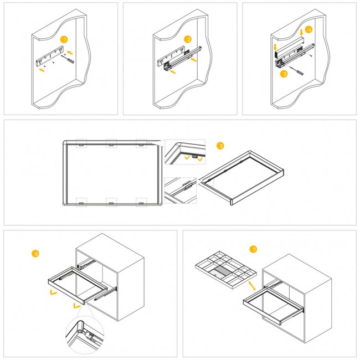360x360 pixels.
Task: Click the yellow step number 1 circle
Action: tap(64, 39)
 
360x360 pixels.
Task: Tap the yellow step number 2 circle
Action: tap(188, 39)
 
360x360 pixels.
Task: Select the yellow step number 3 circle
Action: tap(284, 74)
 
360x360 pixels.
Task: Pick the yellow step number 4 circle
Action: tap(309, 29)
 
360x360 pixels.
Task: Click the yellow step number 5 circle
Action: tap(220, 146)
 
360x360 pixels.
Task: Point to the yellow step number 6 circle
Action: tap(35, 254)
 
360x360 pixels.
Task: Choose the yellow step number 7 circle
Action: tap(253, 249)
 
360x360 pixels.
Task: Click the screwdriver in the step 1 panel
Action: tap(68, 59)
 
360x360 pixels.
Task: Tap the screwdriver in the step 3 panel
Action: tap(296, 71)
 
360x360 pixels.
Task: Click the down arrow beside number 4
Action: tap(301, 32)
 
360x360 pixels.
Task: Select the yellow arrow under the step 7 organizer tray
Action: tap(252, 286)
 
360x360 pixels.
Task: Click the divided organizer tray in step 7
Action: tap(226, 270)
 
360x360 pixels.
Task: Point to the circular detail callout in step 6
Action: tap(85, 335)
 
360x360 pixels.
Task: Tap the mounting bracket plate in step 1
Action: tap(50, 56)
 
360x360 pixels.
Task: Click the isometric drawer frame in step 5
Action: tap(241, 177)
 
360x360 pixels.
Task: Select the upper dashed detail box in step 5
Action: tap(185, 152)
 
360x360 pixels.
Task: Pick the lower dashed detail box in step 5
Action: tap(181, 191)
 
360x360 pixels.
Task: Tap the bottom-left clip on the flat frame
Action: tap(81, 203)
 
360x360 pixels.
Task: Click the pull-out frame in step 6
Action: tap(78, 285)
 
